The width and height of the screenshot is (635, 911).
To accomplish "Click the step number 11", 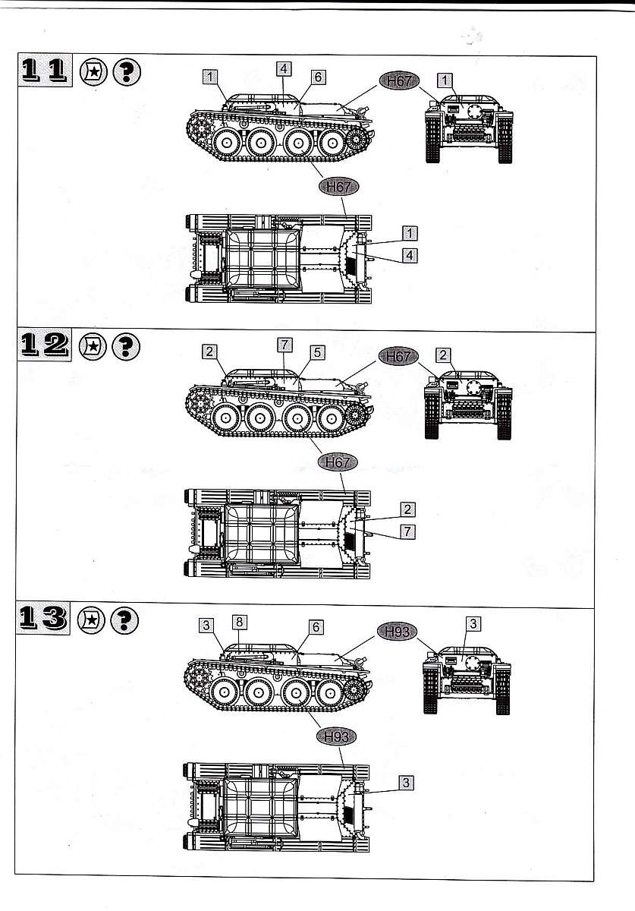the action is click(x=45, y=70).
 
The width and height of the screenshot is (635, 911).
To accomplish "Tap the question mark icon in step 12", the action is click(x=126, y=346).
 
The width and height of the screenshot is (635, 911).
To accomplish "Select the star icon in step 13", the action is click(x=92, y=620).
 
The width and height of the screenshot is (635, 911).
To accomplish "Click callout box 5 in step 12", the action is click(x=317, y=352).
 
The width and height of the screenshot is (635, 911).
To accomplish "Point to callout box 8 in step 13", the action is click(x=239, y=622).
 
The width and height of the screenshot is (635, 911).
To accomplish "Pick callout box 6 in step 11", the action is click(x=319, y=77).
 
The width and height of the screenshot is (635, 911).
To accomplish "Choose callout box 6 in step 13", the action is click(x=316, y=627).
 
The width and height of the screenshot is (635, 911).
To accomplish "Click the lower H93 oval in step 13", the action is click(x=337, y=736).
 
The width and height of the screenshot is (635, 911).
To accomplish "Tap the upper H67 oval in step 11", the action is click(x=399, y=81).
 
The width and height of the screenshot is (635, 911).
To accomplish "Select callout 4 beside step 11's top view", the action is click(x=410, y=255).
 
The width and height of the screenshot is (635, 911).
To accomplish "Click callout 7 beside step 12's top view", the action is click(x=407, y=531).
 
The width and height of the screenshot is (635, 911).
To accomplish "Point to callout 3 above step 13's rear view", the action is click(x=473, y=623).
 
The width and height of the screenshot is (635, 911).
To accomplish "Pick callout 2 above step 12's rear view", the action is click(x=443, y=355).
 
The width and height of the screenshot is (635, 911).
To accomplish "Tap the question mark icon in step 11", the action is click(x=127, y=72).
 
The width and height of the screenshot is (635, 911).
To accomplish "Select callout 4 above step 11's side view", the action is click(x=284, y=69).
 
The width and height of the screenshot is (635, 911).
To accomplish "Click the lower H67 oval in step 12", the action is click(x=338, y=462).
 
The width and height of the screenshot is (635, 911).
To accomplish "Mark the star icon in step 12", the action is click(x=93, y=346).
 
